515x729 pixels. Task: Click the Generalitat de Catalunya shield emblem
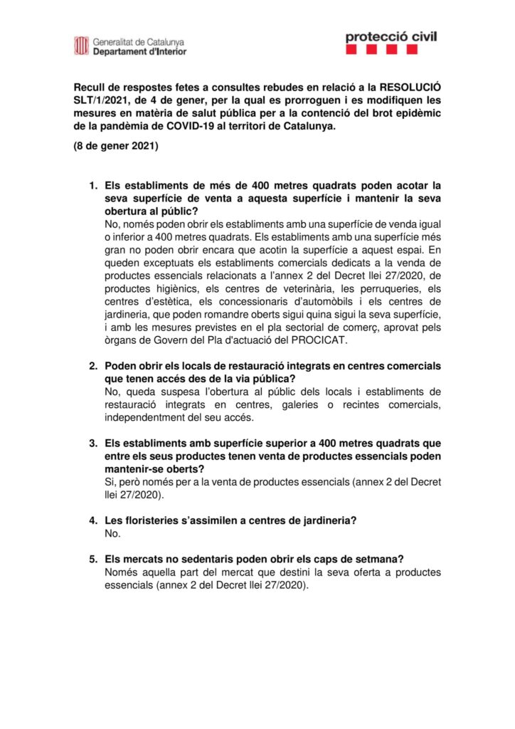coord(82,46)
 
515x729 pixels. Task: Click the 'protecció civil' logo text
coord(391,36)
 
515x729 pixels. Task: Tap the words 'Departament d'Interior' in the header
coord(140,52)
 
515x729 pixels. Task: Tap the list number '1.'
coord(93,186)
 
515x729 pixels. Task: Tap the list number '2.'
coord(93,365)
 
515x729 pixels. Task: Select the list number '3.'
coord(93,443)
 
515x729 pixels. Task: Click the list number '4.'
coord(93,520)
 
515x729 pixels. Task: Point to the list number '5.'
coord(93,560)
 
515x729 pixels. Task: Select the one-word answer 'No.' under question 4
coord(112,533)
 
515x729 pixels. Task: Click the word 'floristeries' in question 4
coord(149,520)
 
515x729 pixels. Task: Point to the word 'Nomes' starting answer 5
coord(121,572)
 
